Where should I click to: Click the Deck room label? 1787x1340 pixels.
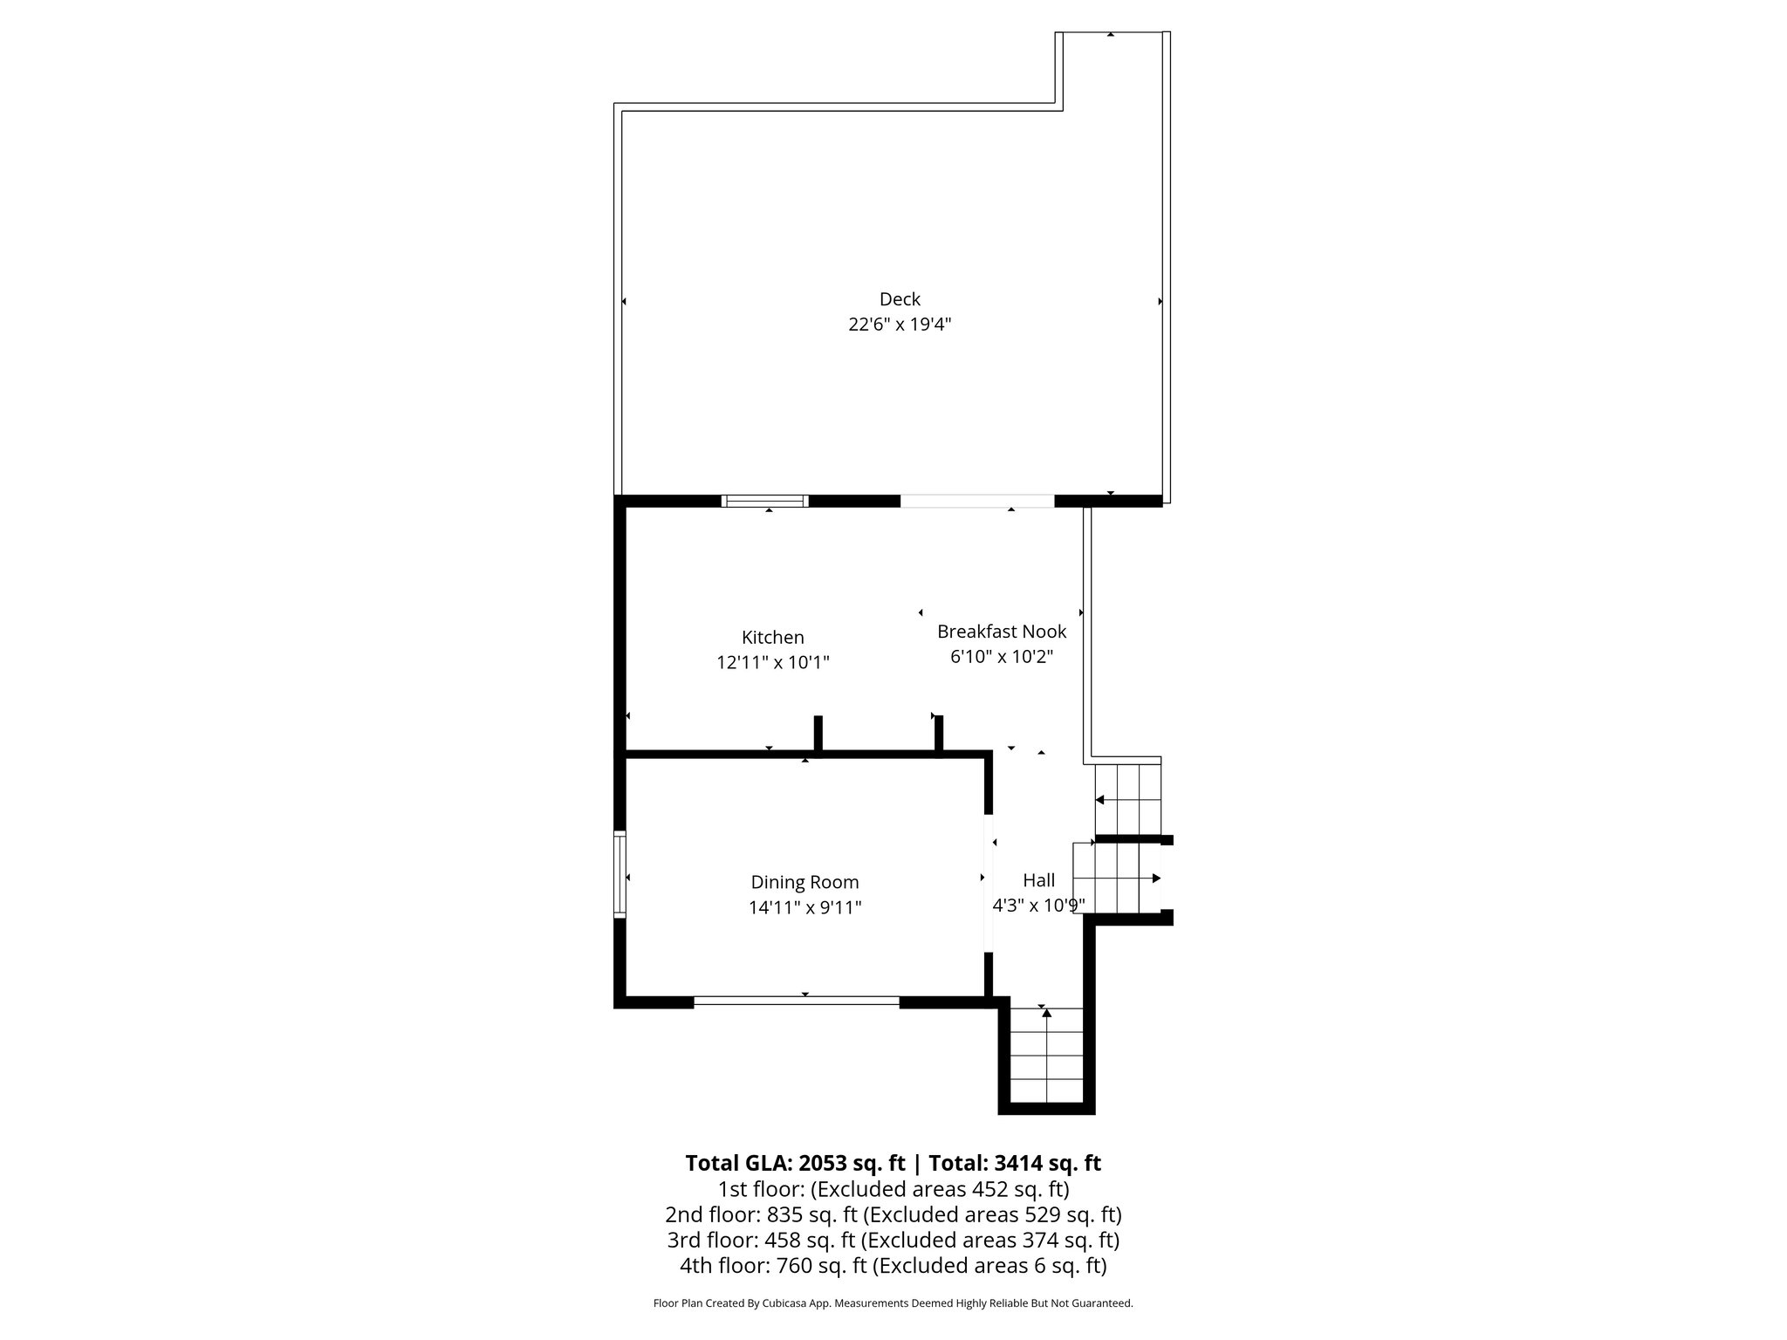tap(900, 299)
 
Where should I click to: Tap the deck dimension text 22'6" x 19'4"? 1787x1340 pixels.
tap(900, 325)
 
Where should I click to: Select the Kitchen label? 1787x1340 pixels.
tap(772, 638)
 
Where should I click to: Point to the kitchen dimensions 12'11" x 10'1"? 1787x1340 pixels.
tap(772, 663)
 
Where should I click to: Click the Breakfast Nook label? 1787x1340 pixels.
tap(1002, 631)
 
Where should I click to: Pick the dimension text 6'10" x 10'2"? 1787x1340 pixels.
tap(1002, 656)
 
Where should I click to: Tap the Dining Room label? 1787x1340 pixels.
tap(804, 882)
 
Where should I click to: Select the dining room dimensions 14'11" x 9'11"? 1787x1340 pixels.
tap(804, 907)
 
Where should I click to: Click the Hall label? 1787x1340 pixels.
tap(1038, 880)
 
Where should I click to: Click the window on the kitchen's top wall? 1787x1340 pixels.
tap(765, 501)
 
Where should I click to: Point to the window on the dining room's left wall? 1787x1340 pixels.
tap(620, 874)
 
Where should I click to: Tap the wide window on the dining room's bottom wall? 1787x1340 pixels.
tap(796, 1002)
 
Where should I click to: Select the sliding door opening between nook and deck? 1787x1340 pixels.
tap(976, 501)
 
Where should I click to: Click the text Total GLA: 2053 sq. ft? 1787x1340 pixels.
tap(795, 1163)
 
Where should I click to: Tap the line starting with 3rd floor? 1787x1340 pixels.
tap(893, 1240)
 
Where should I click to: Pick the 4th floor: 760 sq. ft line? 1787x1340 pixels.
tap(893, 1265)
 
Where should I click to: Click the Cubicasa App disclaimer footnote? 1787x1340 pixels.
tap(893, 1303)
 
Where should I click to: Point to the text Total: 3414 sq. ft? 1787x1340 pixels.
tap(1014, 1163)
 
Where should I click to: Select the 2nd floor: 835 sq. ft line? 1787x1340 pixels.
tap(893, 1214)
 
